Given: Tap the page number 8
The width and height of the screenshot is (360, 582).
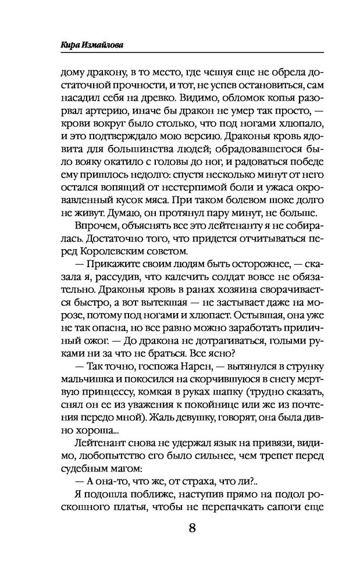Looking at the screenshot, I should coord(191,528).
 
